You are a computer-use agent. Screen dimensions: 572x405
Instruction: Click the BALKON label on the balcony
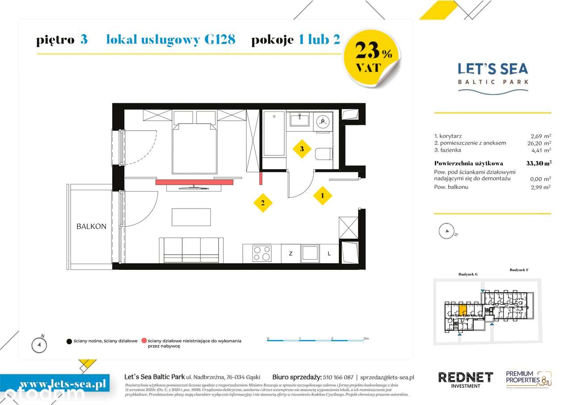91,226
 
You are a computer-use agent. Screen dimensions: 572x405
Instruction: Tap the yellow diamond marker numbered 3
302,149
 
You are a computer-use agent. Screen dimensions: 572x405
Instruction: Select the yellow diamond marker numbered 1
322,195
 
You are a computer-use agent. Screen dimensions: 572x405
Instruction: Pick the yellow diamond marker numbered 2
263,203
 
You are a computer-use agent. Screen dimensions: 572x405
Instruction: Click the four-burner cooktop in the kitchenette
261,253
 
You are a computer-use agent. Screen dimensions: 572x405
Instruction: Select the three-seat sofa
191,250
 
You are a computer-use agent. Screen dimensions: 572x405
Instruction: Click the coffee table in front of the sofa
191,217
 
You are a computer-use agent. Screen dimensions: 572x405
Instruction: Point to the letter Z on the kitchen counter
290,254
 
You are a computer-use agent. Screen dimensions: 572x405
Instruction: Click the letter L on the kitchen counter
329,254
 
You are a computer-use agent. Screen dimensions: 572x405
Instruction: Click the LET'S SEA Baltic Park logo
492,77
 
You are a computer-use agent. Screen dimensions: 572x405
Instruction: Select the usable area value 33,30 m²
538,163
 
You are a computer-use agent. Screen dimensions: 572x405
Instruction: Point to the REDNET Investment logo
465,379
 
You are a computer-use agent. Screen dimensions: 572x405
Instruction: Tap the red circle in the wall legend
144,341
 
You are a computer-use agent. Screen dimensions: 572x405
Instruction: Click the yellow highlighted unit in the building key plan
463,309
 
